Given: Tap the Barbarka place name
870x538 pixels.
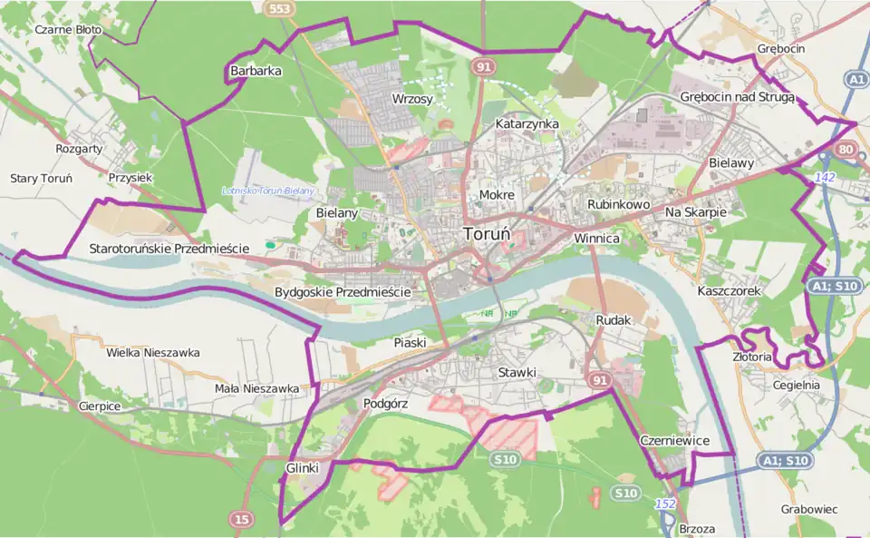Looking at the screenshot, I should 256,70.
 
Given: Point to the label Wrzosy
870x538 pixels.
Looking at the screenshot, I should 412,98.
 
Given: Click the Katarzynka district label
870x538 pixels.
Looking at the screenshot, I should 527,123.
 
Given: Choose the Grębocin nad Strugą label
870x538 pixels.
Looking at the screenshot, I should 737,98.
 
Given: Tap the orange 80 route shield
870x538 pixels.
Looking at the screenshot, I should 846,149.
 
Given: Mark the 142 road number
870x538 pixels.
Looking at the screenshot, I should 825,178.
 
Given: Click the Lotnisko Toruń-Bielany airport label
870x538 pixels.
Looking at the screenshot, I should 268,191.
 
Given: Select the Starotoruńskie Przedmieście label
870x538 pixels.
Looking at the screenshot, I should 169,248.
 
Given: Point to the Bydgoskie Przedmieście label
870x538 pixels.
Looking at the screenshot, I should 343,292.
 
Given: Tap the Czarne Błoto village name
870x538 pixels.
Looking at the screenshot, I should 68,29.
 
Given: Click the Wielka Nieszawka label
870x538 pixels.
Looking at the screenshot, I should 153,352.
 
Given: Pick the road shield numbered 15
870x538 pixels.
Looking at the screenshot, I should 241,519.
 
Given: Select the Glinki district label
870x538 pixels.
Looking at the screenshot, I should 303,466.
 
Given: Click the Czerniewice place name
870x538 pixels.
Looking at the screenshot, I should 673,440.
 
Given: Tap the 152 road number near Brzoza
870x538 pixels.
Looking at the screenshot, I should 665,503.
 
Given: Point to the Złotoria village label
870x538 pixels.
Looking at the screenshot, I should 752,357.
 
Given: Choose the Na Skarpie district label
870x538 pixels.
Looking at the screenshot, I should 696,211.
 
